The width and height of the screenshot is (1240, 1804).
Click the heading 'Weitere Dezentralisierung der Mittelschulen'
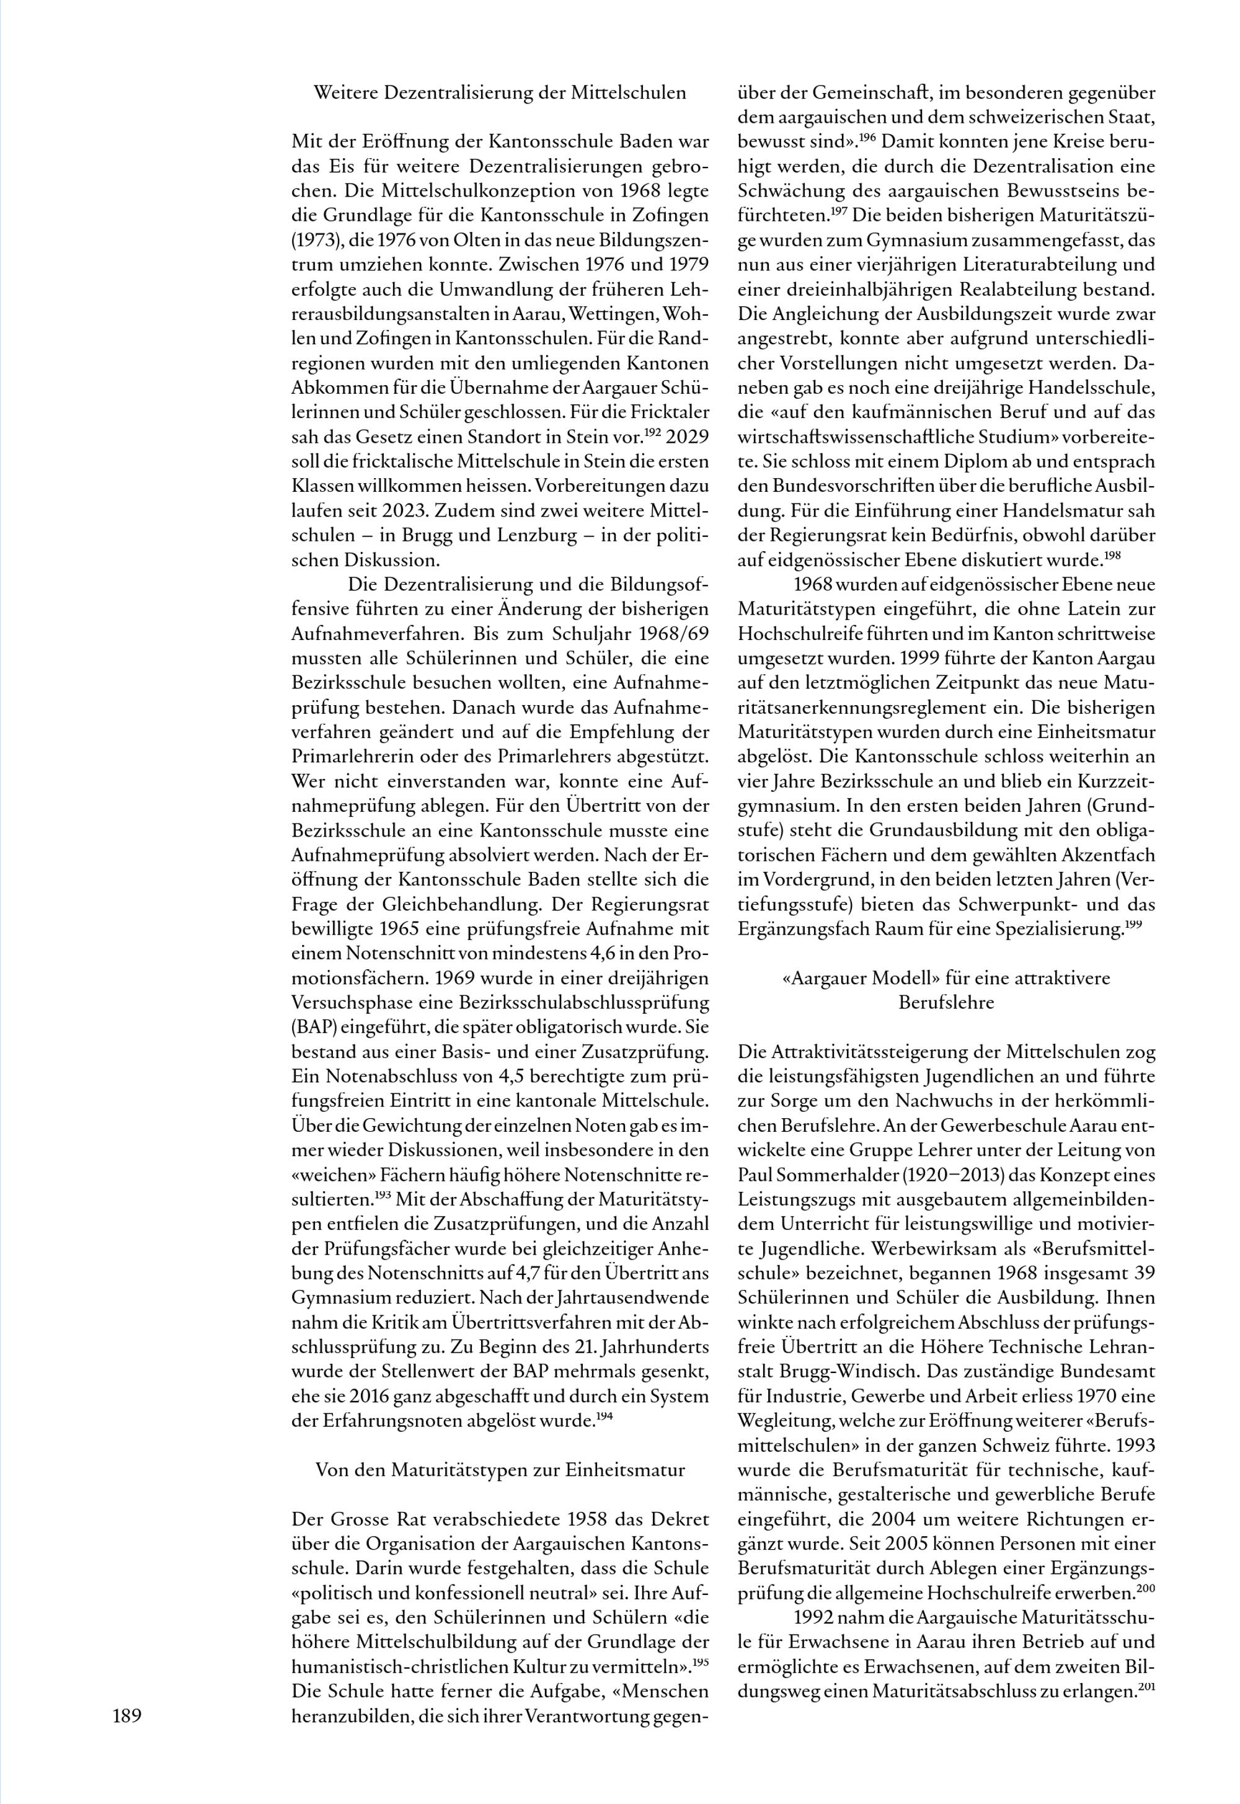pyautogui.click(x=500, y=93)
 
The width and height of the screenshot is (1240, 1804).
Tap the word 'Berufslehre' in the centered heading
pyautogui.click(x=945, y=1002)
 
